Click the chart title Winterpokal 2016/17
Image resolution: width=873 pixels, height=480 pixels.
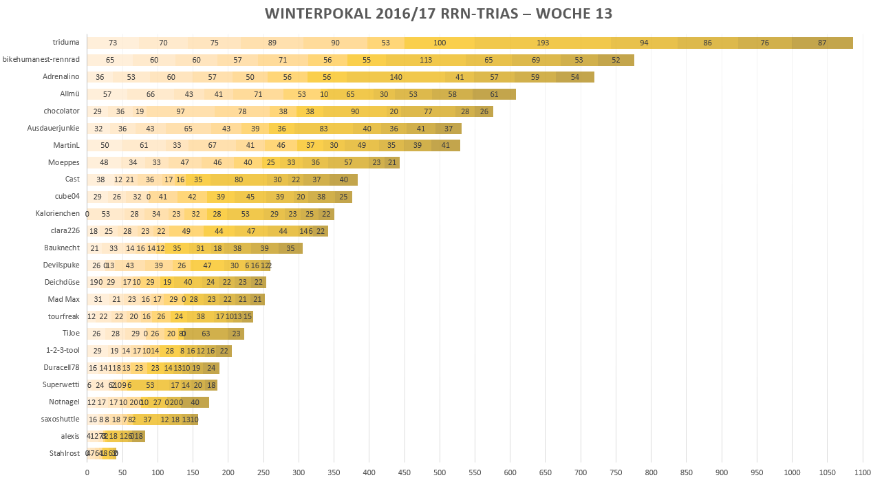click(x=439, y=14)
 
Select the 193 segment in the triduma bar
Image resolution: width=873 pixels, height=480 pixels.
click(x=543, y=43)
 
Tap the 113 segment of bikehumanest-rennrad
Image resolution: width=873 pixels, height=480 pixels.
click(x=426, y=60)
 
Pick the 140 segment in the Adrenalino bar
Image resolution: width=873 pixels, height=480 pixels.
click(x=396, y=77)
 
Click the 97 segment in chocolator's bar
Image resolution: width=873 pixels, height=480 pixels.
click(x=180, y=111)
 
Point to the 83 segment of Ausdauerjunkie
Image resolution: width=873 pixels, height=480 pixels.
click(x=323, y=129)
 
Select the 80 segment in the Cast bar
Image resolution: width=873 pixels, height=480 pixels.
click(x=239, y=179)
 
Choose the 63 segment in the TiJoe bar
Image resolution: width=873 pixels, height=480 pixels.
click(x=206, y=334)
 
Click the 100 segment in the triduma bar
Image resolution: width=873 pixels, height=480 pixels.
click(x=440, y=43)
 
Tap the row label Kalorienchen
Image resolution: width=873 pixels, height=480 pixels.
click(x=58, y=214)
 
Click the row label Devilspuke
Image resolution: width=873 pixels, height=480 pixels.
click(x=61, y=265)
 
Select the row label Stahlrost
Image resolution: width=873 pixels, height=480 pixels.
click(x=64, y=453)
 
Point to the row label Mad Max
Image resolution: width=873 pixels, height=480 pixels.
click(x=64, y=299)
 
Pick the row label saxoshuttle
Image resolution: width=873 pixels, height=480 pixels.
click(x=61, y=419)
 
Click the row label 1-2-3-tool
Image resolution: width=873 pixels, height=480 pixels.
click(x=62, y=350)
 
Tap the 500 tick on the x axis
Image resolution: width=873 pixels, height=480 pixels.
click(x=440, y=472)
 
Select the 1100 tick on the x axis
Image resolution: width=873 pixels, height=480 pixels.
click(x=863, y=472)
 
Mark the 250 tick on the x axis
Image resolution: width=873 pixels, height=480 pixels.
click(x=263, y=472)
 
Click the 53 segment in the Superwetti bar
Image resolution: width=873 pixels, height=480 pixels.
click(x=150, y=385)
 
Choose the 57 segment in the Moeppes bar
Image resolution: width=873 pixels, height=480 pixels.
click(x=348, y=162)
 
